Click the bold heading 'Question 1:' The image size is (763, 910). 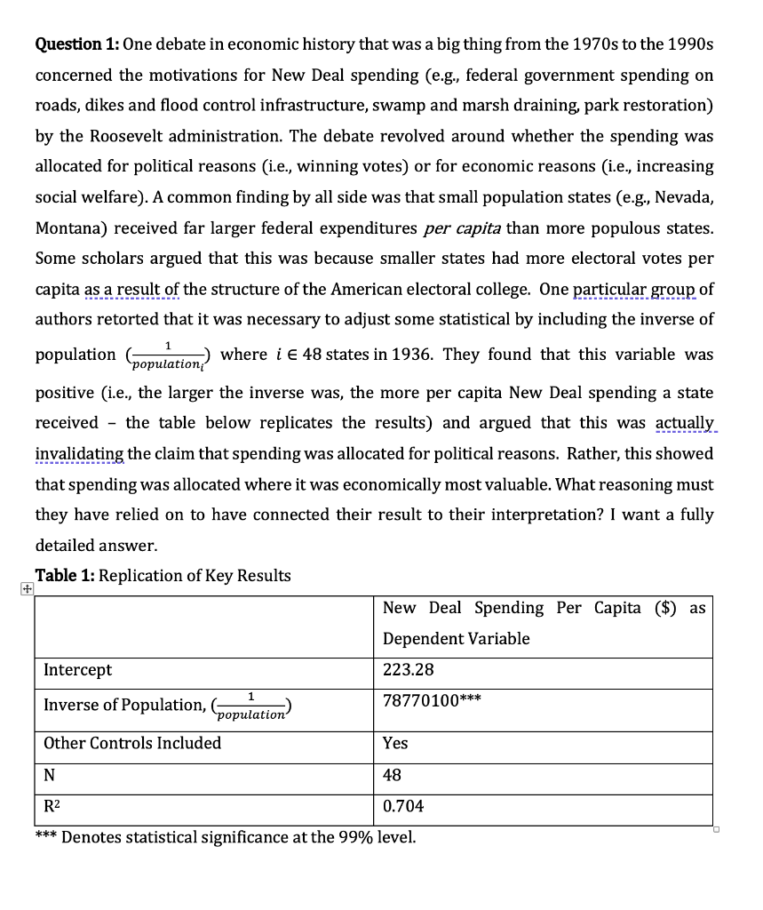[76, 44]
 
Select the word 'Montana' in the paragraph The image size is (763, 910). [68, 227]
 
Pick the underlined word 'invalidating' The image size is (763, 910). [79, 453]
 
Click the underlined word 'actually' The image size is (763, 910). [684, 423]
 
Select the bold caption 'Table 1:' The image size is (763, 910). [65, 575]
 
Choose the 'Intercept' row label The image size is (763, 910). [78, 670]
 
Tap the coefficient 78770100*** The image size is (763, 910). [432, 700]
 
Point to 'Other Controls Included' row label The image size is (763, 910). [132, 743]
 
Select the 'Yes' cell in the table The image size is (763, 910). [395, 743]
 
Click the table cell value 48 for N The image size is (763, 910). [392, 775]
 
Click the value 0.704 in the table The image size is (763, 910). [403, 806]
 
